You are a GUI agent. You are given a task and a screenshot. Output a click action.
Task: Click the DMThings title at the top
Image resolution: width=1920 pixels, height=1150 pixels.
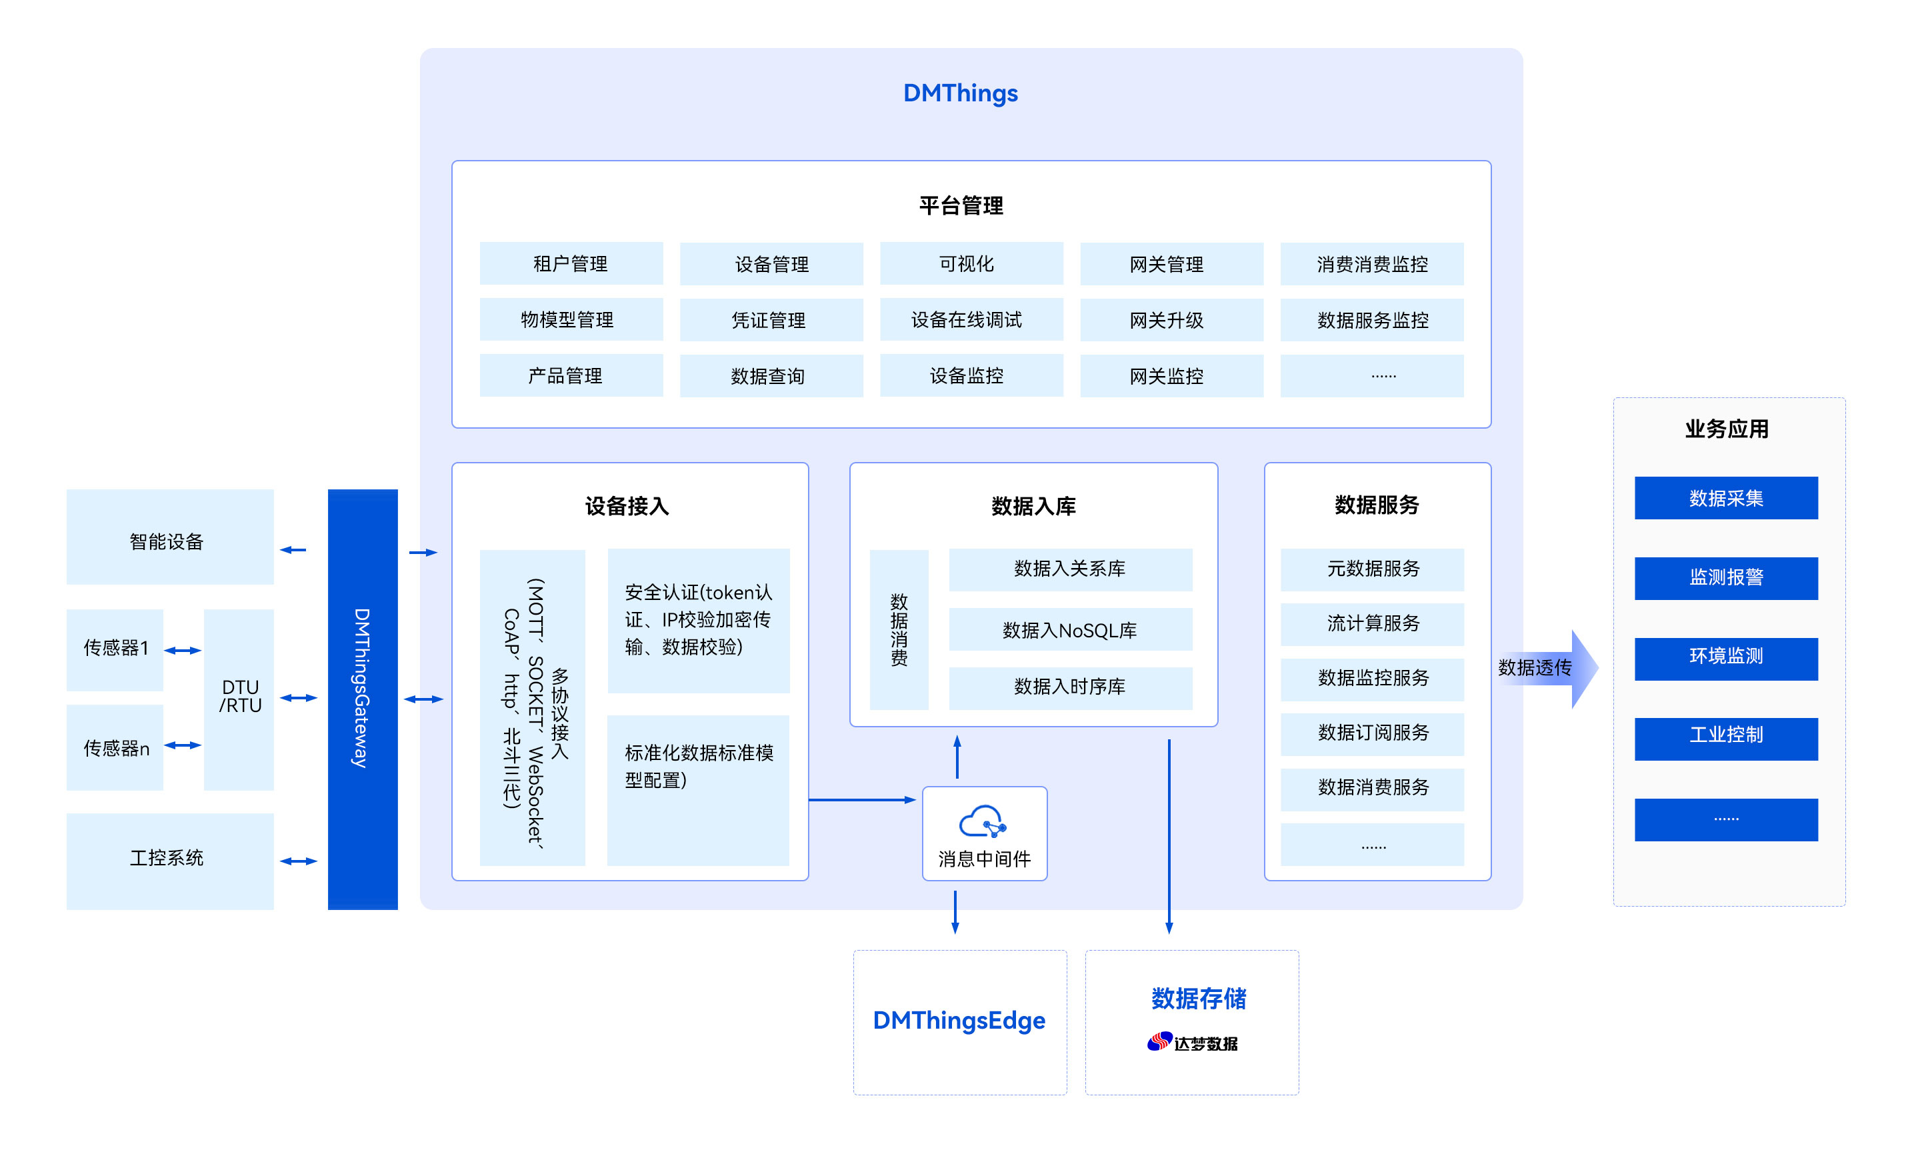click(960, 93)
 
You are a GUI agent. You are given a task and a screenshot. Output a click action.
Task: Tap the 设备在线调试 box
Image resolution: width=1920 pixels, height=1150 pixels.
click(971, 320)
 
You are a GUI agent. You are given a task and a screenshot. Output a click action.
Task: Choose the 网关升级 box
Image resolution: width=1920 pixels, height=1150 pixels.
click(1171, 320)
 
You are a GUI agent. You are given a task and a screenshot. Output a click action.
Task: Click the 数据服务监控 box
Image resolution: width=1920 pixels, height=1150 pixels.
click(1371, 320)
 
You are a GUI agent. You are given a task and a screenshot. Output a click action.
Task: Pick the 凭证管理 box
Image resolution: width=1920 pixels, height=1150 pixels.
click(771, 320)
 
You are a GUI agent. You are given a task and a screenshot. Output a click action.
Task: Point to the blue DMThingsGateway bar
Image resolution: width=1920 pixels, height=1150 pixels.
click(362, 697)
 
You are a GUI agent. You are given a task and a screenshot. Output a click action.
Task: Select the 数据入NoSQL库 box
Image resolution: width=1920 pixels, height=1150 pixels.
click(1070, 630)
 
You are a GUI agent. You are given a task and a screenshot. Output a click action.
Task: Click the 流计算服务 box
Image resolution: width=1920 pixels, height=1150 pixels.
click(1371, 624)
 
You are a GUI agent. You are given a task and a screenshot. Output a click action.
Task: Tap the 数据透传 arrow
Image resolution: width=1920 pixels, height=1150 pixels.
click(1546, 668)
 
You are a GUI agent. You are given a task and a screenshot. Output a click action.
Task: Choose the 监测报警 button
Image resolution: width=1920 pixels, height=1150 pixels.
click(1725, 578)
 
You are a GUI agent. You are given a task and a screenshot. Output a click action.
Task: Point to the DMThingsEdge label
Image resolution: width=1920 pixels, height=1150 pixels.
click(959, 1021)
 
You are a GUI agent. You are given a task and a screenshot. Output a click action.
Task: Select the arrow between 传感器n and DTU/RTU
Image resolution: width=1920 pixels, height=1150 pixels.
click(183, 745)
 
